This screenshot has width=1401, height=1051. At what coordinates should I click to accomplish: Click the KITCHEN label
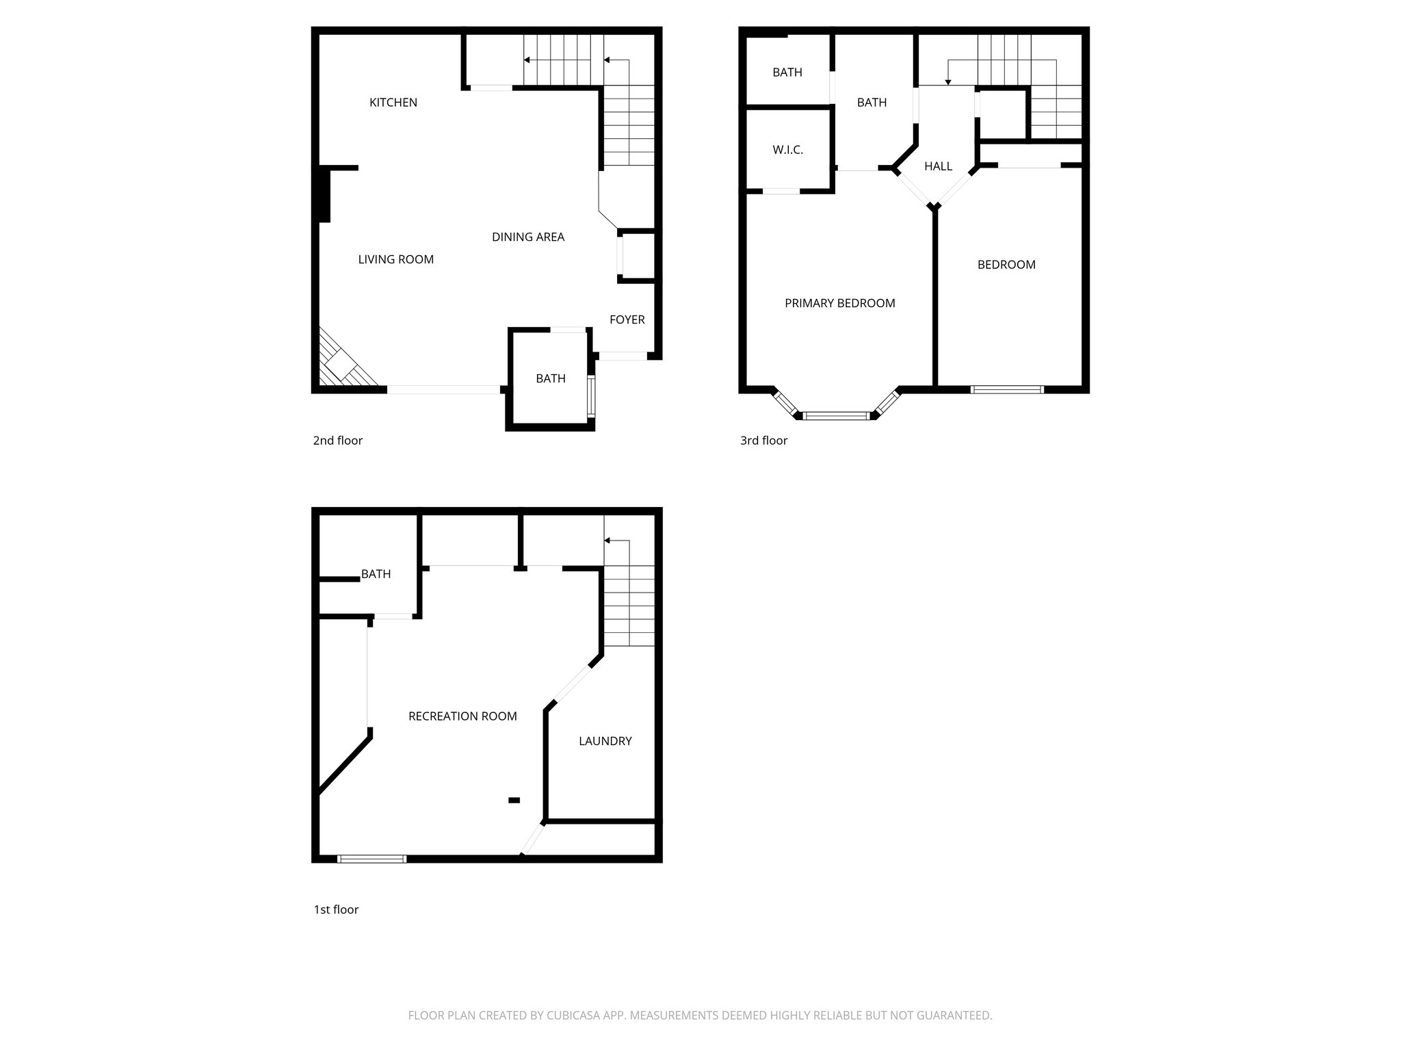393,103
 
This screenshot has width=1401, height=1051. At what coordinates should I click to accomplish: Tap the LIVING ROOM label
395,259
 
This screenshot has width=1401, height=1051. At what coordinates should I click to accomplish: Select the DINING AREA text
527,237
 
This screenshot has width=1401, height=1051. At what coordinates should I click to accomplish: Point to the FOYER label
627,320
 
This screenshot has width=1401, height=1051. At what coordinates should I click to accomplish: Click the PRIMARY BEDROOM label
839,303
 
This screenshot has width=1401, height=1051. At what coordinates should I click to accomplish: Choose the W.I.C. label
787,150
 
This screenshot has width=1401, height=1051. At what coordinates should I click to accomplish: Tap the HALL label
938,166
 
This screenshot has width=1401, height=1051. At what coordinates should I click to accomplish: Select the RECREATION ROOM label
462,716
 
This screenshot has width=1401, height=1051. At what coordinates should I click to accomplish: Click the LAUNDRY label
605,741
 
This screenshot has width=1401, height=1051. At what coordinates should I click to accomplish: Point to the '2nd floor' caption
337,441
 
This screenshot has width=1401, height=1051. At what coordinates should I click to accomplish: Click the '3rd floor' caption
763,441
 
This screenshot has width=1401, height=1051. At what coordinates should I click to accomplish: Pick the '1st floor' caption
336,909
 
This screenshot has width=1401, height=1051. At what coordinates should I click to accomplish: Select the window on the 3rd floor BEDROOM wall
1007,389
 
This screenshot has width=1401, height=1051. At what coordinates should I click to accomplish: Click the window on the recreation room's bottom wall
371,859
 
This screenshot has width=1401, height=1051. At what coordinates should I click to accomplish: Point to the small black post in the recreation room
514,800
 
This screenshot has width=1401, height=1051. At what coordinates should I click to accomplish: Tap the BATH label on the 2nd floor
550,378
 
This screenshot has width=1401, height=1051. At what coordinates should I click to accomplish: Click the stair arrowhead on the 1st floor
607,541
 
